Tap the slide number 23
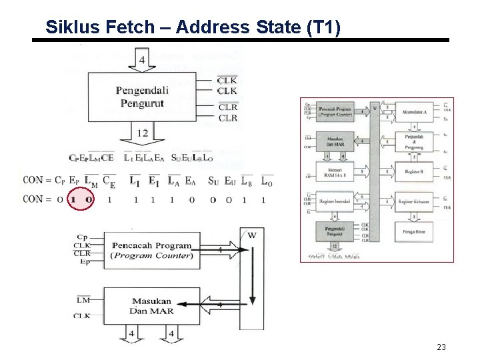pos(441,347)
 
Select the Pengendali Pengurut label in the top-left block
pos(142,97)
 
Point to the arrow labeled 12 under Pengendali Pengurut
pos(143,135)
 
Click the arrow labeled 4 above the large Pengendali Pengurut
pos(142,60)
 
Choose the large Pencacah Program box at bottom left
pos(152,251)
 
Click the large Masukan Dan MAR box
pos(152,307)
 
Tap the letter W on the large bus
pos(251,235)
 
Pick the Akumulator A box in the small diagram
pos(413,112)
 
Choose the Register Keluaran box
pos(413,201)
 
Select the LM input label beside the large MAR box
pos(83,301)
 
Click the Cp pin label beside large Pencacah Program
pos(82,237)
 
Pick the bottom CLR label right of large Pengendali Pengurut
pos(227,118)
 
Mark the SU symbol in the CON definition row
pos(213,180)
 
